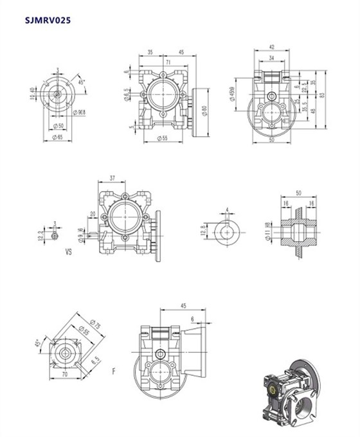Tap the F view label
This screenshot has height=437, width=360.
[114, 371]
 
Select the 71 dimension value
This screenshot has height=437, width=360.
[167, 63]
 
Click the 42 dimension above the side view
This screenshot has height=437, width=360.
[272, 47]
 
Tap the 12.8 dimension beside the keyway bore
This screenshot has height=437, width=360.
[205, 231]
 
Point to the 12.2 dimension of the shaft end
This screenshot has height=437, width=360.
[42, 235]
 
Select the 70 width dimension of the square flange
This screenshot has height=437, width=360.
[64, 373]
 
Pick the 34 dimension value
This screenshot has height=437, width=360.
[272, 57]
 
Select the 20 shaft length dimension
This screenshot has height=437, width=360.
[93, 214]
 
